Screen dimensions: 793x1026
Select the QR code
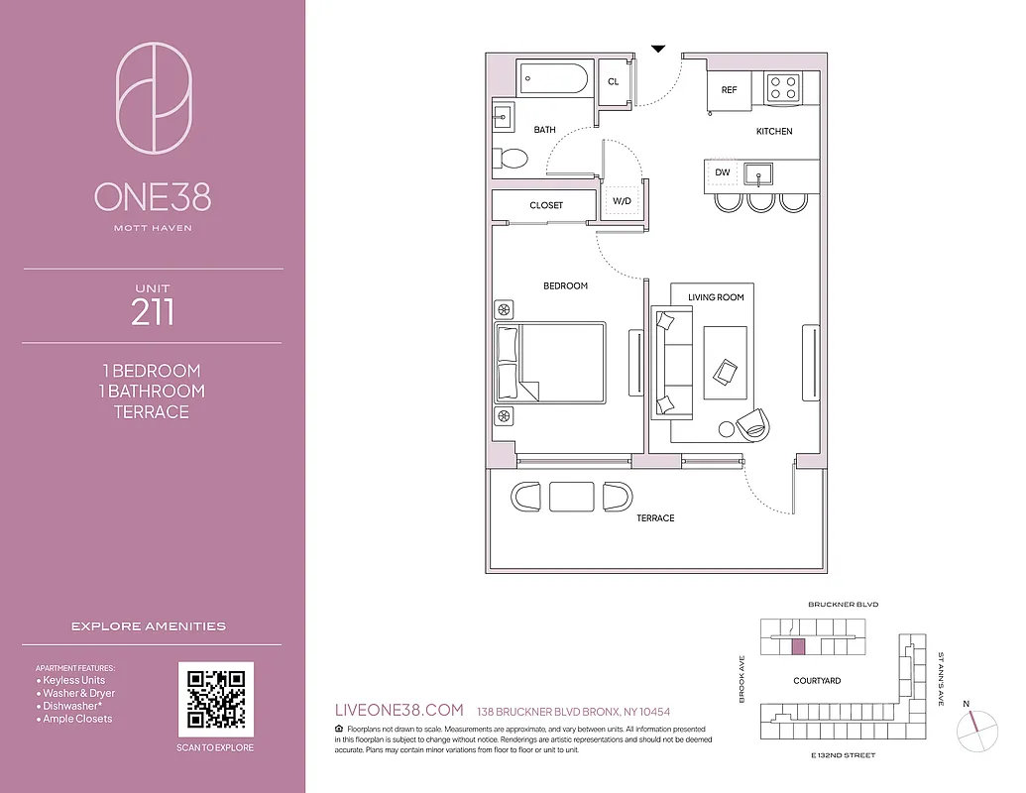215,699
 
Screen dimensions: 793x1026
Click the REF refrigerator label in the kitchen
729,89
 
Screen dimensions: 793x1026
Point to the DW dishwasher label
722,172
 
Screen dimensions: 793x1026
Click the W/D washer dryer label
622,201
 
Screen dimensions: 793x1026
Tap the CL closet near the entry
613,81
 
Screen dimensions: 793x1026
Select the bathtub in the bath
555,78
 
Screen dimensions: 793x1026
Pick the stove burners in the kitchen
784,86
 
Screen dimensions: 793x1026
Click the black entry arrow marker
657,48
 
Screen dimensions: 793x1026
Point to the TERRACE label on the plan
655,518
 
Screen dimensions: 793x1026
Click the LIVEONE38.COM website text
399,710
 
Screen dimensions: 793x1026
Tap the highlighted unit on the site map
799,646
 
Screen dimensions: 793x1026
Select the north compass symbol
975,732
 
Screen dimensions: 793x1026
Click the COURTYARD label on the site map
817,681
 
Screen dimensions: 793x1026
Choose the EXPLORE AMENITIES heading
149,626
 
